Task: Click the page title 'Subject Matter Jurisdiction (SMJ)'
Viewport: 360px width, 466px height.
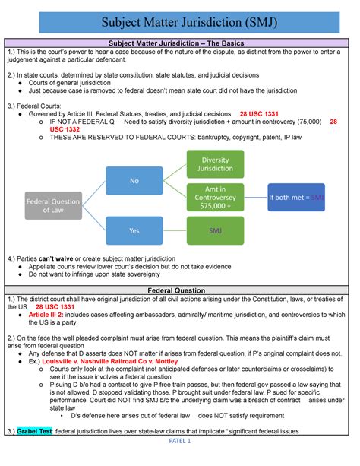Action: point(179,16)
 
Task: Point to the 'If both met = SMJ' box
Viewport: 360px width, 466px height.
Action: point(296,198)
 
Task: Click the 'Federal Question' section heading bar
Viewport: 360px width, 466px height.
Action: point(179,290)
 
